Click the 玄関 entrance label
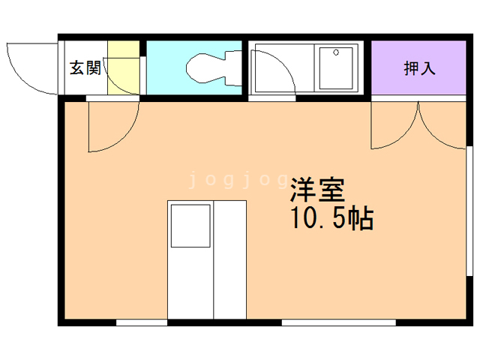click(x=85, y=68)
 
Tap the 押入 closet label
click(x=419, y=69)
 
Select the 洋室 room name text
click(x=316, y=189)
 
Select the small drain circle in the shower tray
click(x=336, y=52)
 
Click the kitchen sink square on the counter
click(x=190, y=226)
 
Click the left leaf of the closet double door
click(x=394, y=127)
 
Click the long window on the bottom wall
click(x=338, y=322)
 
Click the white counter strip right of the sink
click(x=231, y=259)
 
